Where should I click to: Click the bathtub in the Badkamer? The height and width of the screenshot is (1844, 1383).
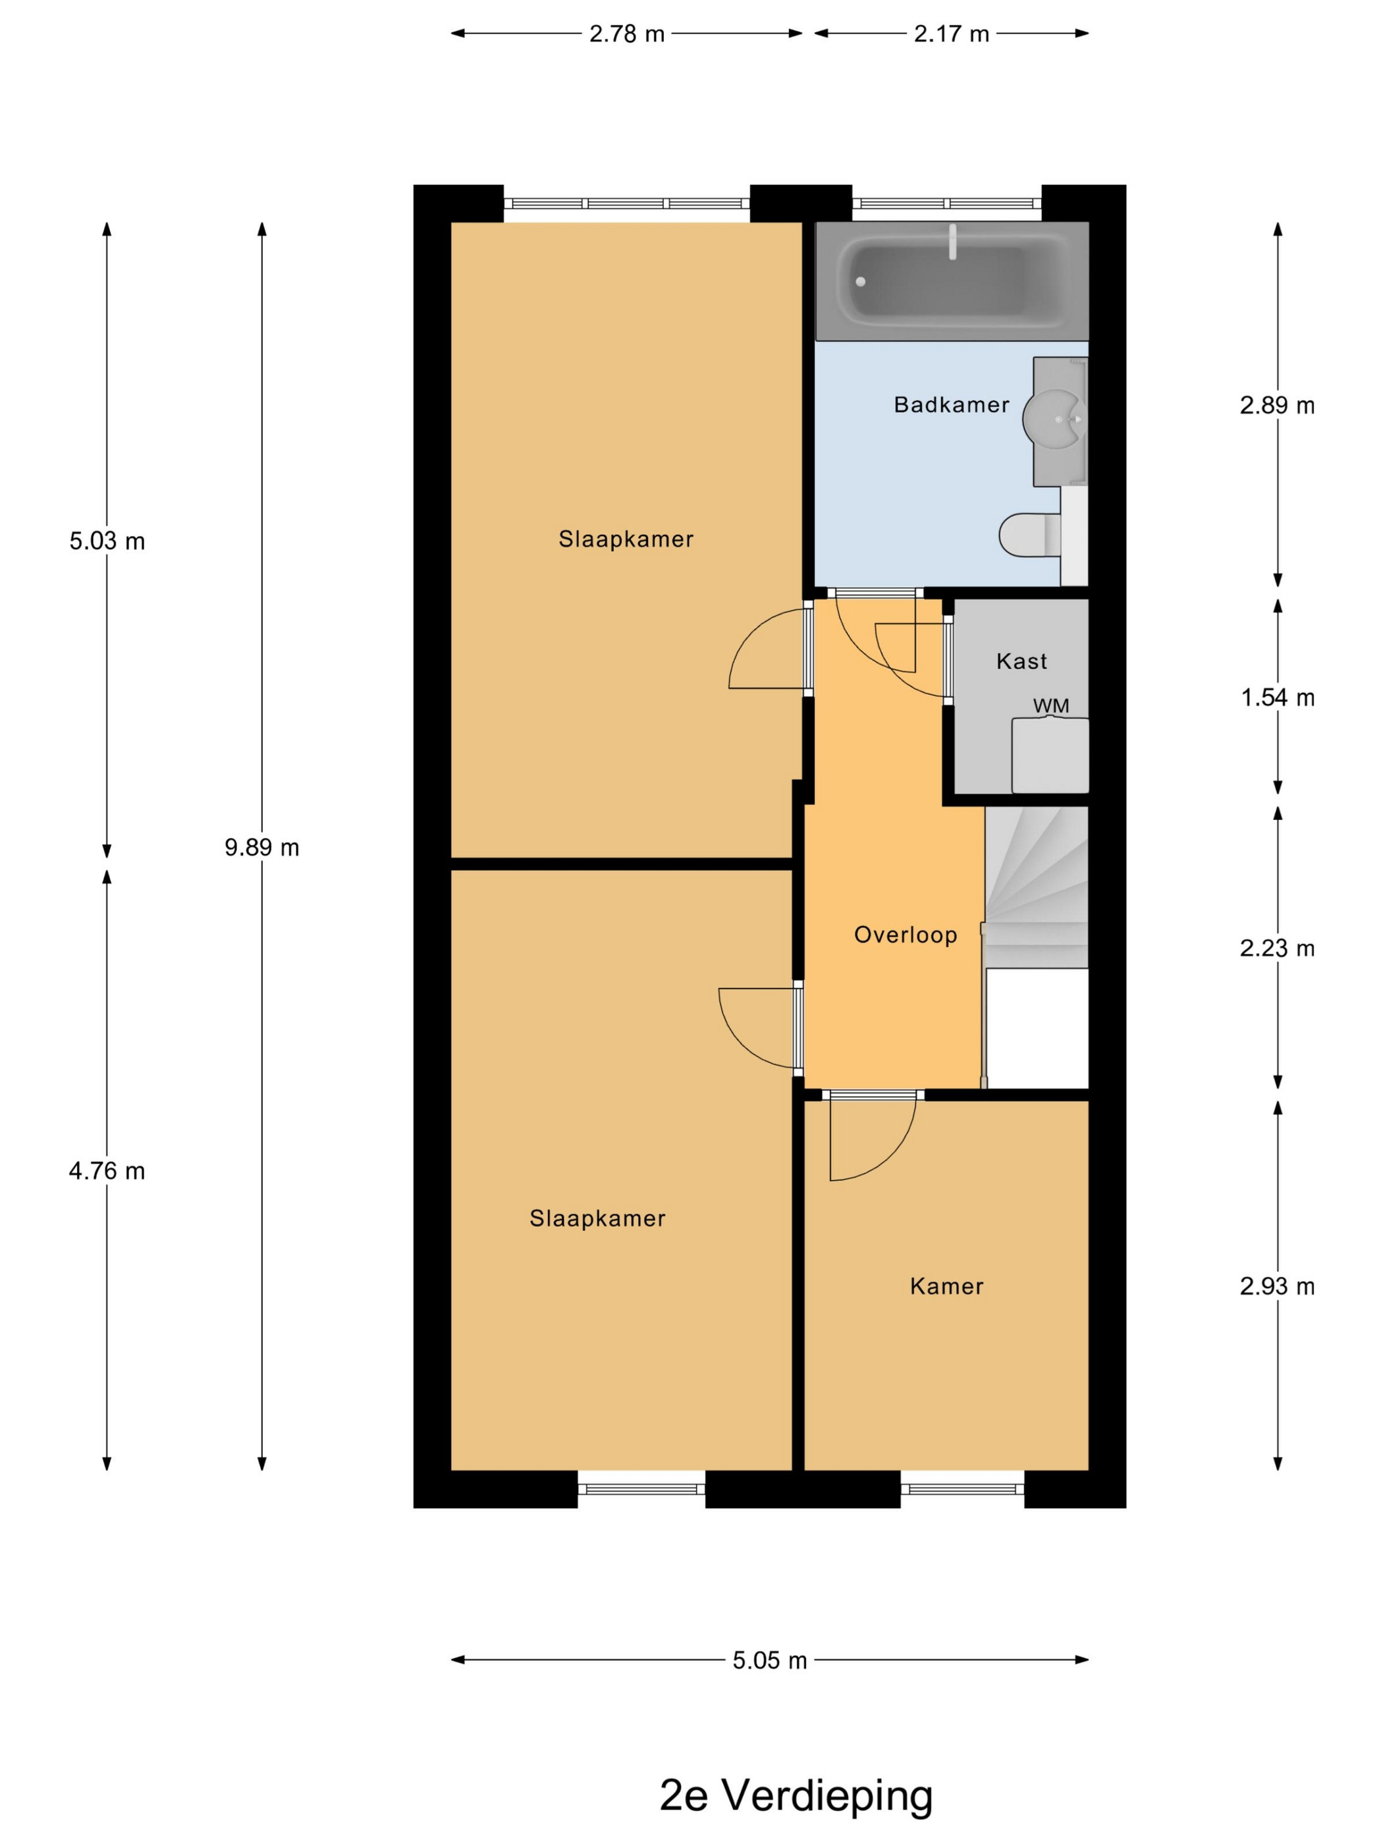point(951,281)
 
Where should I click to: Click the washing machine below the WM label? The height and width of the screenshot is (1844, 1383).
point(1050,755)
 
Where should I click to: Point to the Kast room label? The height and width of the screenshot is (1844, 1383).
point(1021,661)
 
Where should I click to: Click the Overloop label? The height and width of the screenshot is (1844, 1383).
point(906,935)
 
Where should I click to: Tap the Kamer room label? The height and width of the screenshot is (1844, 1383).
point(946,1286)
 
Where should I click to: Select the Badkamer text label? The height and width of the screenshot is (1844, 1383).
point(951,404)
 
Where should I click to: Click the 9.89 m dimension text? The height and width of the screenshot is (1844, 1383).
point(261,847)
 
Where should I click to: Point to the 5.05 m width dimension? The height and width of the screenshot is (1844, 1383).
point(769,1660)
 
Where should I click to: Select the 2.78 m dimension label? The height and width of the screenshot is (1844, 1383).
point(627,34)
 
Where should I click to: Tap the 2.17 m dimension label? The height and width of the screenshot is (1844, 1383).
point(951,34)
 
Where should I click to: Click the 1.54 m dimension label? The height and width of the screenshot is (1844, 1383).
point(1277,697)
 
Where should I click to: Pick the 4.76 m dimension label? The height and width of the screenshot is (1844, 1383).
point(107,1170)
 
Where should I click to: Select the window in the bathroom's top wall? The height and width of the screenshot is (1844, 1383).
point(947,203)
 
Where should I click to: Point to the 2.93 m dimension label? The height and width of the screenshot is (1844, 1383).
point(1277,1286)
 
